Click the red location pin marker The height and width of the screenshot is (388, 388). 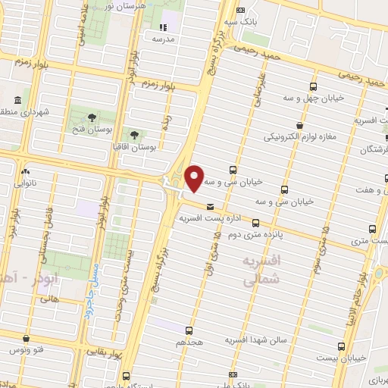pyautogui.click(x=195, y=178)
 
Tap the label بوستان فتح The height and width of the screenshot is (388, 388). pyautogui.click(x=92, y=131)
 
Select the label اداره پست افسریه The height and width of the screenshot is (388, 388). pyautogui.click(x=205, y=218)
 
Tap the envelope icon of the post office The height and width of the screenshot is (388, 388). pyautogui.click(x=210, y=206)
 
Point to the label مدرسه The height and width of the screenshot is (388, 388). pyautogui.click(x=164, y=38)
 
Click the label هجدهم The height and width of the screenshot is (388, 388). pyautogui.click(x=189, y=343)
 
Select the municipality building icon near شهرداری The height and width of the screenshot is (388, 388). pyautogui.click(x=17, y=100)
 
